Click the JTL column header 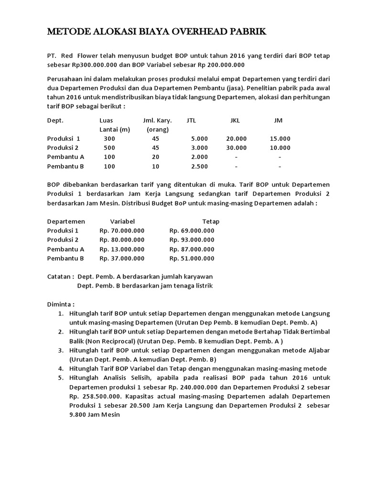192,120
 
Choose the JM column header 278,120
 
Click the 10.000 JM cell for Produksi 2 280,147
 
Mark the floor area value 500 109,147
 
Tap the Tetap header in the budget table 211,222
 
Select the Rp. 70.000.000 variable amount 122,231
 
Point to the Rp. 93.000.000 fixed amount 192,240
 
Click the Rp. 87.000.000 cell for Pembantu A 192,249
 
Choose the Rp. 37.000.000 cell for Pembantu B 122,258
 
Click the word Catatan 60,277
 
